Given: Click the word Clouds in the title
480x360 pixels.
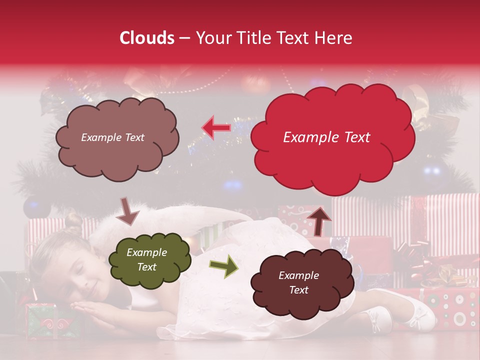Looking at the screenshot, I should point(147,38).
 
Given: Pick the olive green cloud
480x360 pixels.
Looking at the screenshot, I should point(149,260).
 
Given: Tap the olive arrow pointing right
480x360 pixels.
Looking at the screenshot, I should point(223,266).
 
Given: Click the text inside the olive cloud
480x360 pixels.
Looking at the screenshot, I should point(146,260).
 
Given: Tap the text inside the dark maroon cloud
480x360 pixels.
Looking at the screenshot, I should point(298,282).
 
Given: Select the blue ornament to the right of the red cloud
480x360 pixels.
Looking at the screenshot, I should point(433,172).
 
